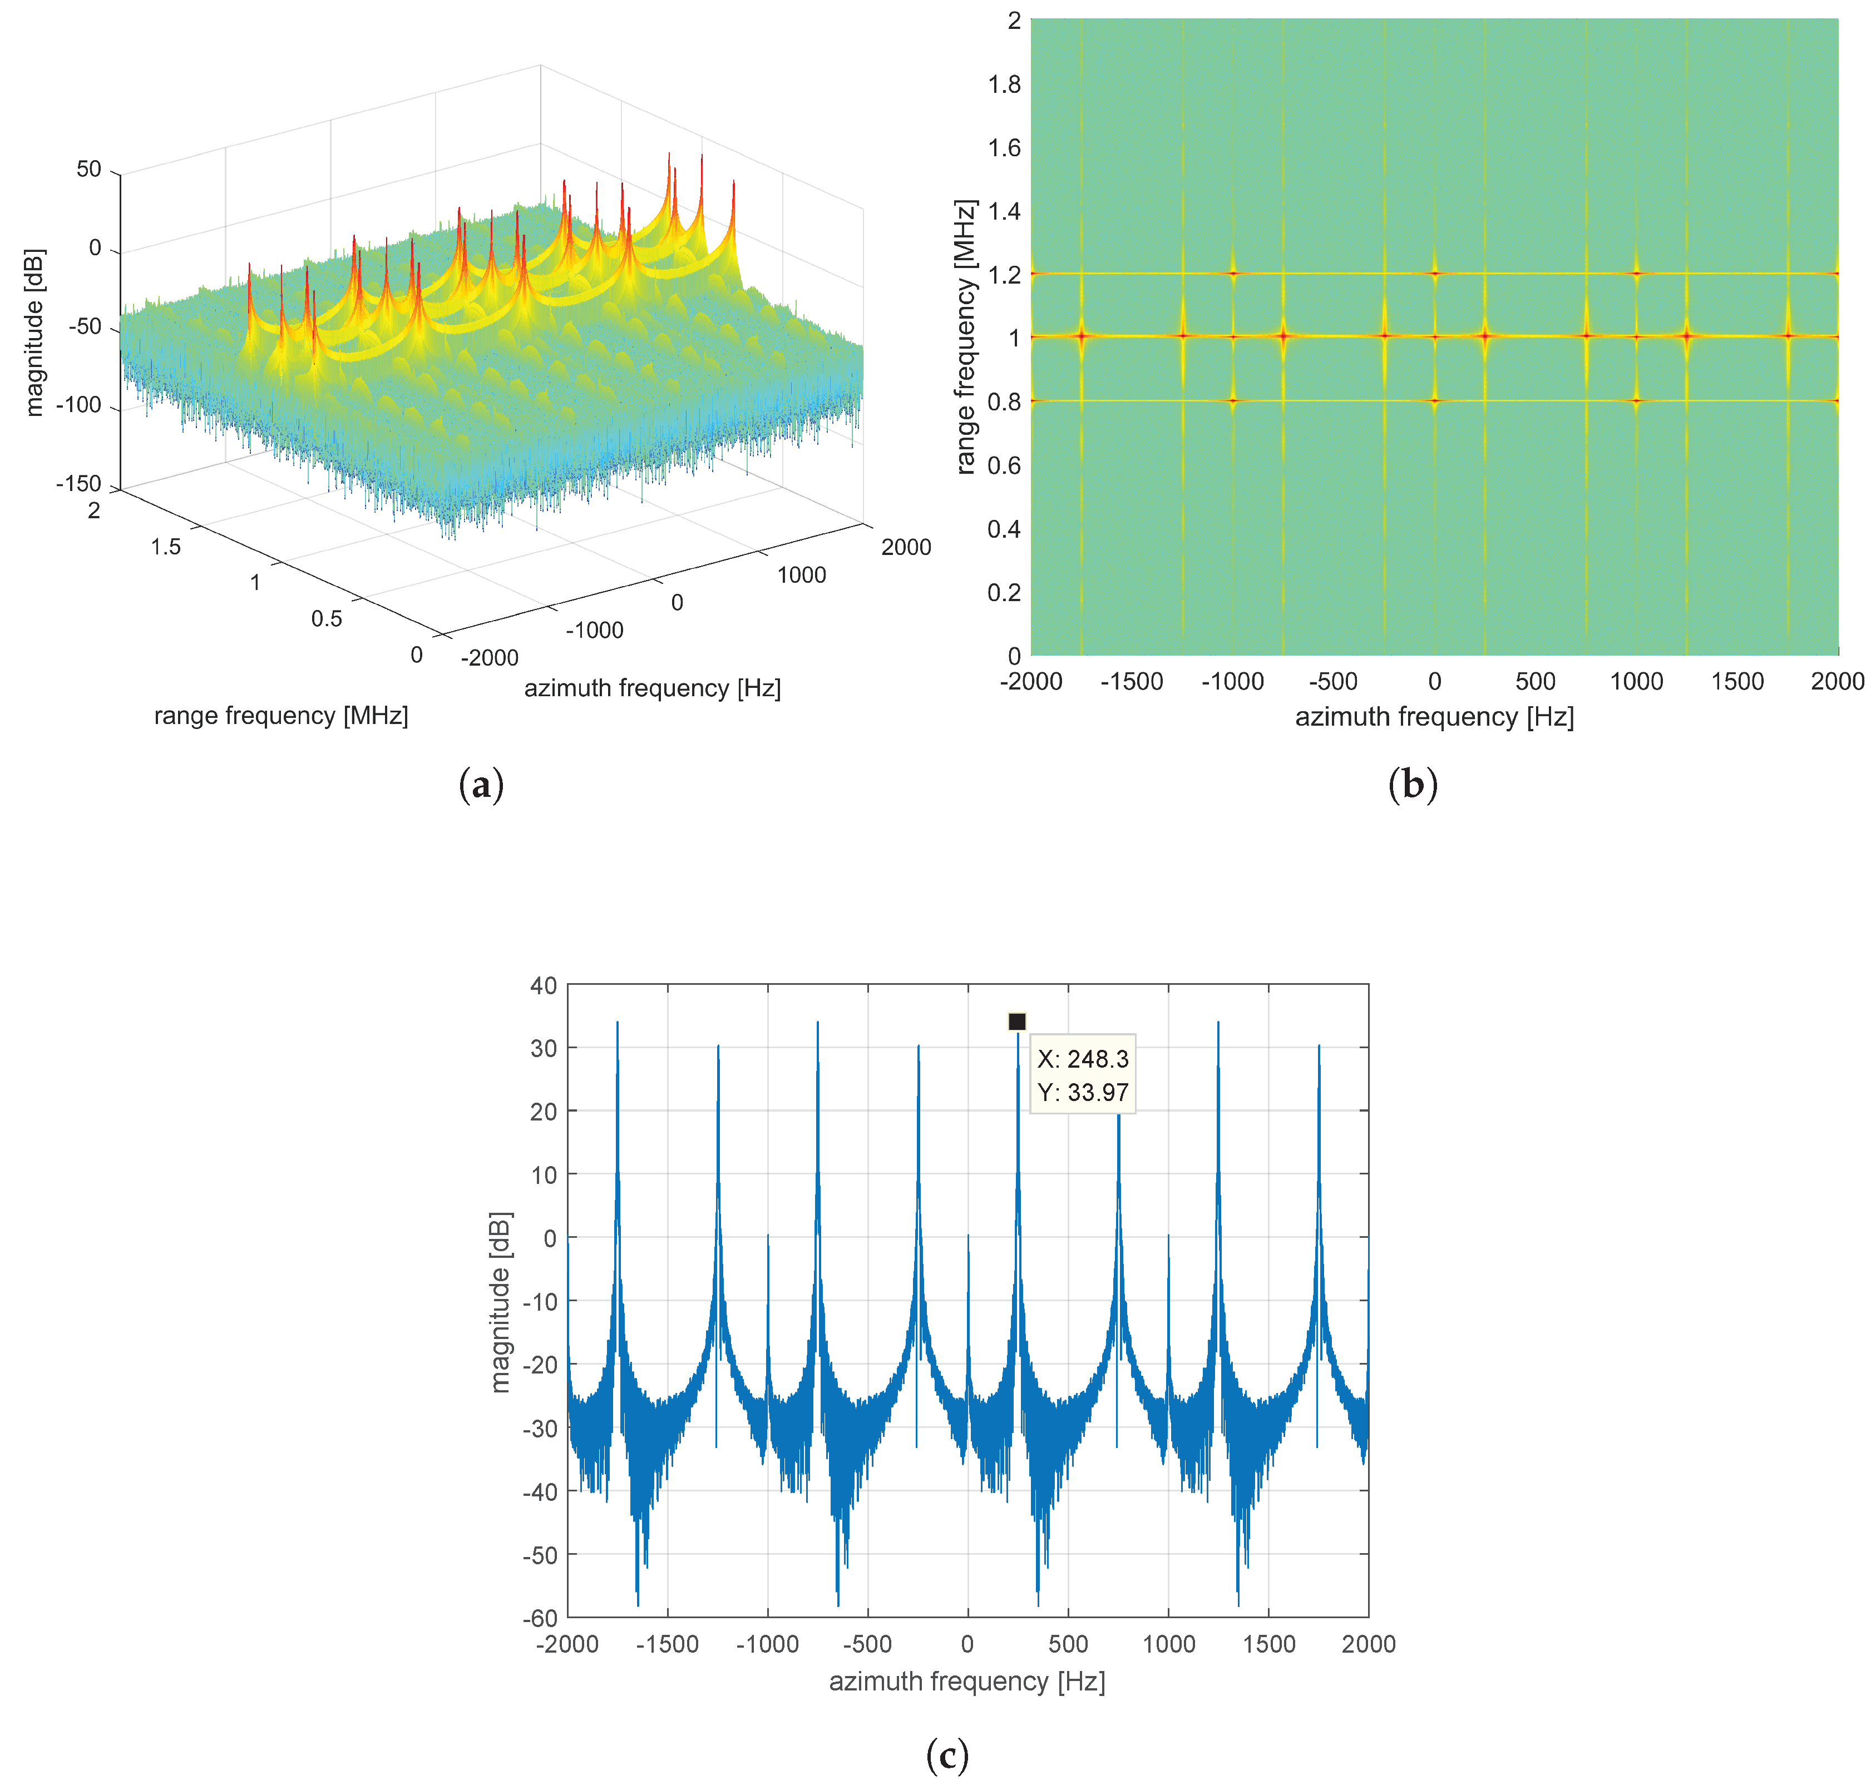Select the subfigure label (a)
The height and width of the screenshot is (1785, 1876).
point(481,785)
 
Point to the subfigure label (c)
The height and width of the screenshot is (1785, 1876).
point(947,1756)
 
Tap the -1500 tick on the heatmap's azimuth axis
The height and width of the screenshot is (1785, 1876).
point(1132,681)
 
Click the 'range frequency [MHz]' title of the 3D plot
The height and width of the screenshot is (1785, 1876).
point(281,716)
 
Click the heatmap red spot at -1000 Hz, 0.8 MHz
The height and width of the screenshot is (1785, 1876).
point(1232,400)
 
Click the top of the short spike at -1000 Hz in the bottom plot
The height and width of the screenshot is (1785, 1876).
point(768,1236)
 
